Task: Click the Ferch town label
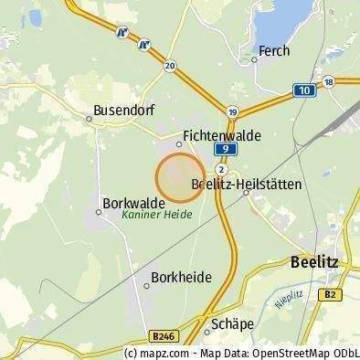(x=274, y=52)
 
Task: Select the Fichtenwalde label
(x=222, y=135)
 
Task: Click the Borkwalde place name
(x=134, y=203)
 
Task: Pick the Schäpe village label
(x=230, y=323)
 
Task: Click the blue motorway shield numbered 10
(x=304, y=90)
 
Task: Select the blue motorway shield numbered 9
(x=222, y=149)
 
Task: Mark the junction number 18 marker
(x=329, y=82)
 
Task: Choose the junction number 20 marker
(x=170, y=66)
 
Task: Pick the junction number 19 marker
(x=233, y=111)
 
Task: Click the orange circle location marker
(x=179, y=177)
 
